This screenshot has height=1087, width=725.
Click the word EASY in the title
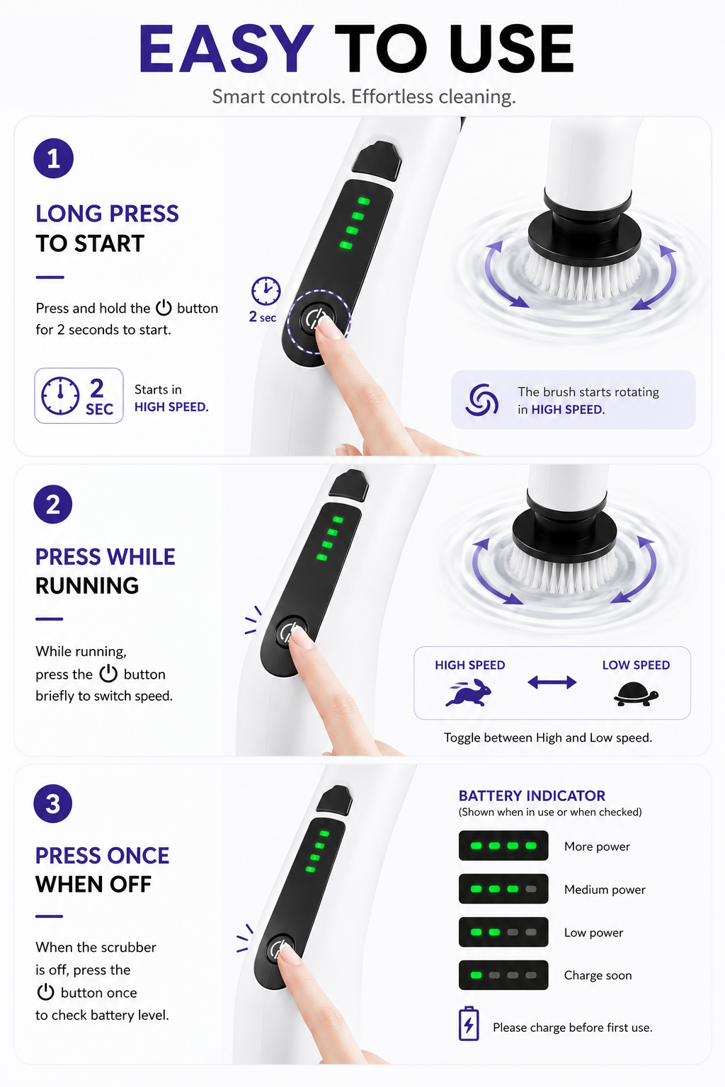coord(226,49)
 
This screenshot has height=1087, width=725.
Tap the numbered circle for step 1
coord(53,159)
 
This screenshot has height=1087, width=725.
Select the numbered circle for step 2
coord(53,504)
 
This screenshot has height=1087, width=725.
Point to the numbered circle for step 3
coord(53,803)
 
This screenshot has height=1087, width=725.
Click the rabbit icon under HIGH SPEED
coord(469,692)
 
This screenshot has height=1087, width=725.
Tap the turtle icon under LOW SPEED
coord(636,694)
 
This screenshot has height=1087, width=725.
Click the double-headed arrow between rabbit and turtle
coord(552,683)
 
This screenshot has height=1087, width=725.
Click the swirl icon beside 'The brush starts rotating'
coord(481,400)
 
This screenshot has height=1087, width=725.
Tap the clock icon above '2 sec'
coord(266,291)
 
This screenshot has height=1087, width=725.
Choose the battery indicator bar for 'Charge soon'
coord(503,975)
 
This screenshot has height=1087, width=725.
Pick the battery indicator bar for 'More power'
coord(503,846)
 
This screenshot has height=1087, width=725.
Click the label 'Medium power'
coord(605,890)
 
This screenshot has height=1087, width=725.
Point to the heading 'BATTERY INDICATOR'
coord(532,796)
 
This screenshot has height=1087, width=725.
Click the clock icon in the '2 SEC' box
coord(60,396)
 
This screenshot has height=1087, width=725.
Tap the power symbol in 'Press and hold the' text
coord(164,308)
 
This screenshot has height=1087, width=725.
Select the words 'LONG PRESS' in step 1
coord(108,214)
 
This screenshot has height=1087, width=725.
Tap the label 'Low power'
coord(593,933)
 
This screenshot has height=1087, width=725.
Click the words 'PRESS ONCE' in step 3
coord(103,855)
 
